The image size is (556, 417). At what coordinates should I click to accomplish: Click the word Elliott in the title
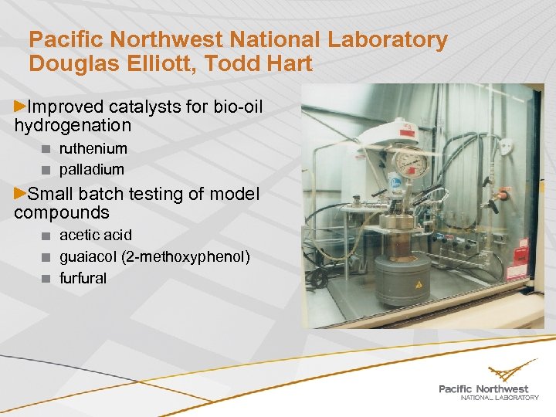(x=174, y=63)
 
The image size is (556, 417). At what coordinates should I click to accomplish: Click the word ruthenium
(x=93, y=148)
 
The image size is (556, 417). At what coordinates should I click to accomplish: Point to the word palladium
(x=91, y=168)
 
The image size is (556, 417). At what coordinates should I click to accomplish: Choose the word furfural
(x=83, y=278)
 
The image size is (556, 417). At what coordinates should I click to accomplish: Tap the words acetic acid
(x=95, y=235)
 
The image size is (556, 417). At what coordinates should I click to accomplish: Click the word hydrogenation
(x=73, y=125)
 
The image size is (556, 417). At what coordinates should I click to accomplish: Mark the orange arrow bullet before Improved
(x=21, y=103)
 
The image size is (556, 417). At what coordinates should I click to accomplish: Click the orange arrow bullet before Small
(x=21, y=192)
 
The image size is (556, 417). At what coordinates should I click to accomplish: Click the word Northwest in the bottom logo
(x=503, y=388)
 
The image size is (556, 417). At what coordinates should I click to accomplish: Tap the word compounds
(x=62, y=212)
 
